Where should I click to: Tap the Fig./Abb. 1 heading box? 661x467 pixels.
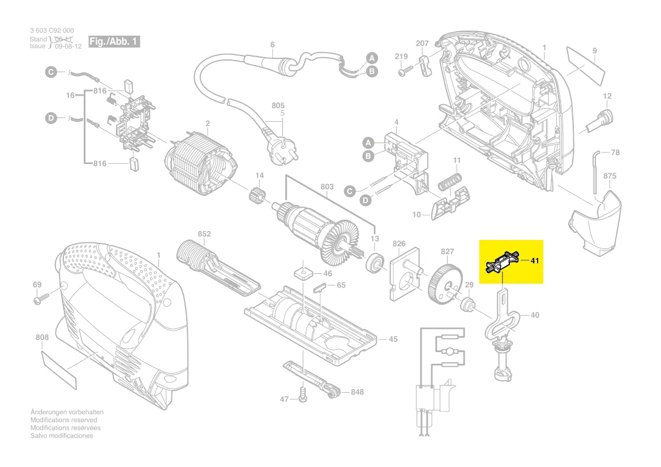113,42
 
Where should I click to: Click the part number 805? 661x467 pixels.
278,106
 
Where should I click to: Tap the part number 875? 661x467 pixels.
610,177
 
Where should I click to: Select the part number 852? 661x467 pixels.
204,234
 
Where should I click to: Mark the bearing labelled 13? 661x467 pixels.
374,264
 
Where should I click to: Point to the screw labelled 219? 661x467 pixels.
403,71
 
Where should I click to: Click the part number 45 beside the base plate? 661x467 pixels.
392,339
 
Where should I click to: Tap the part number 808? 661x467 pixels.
42,338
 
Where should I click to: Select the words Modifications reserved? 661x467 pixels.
63,420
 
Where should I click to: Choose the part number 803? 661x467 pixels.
327,187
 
